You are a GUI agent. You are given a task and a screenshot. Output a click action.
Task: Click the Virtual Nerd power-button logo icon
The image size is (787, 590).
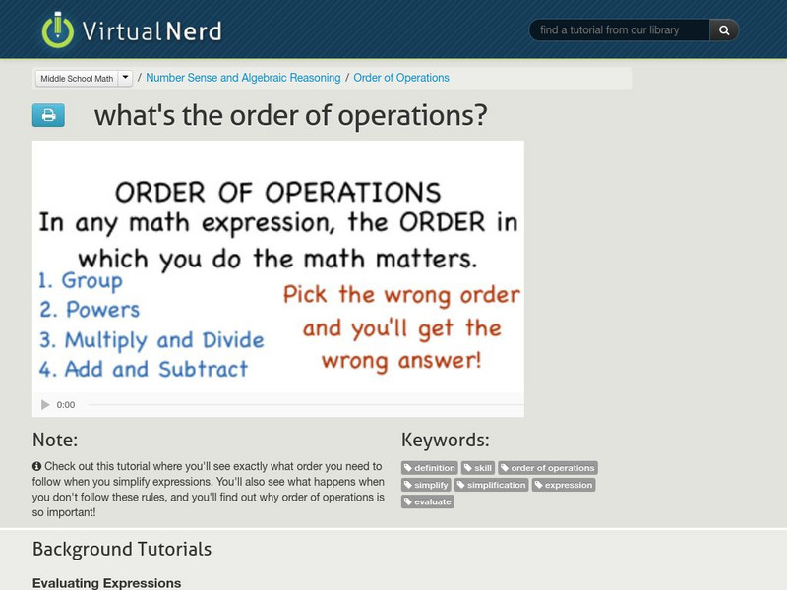[58, 29]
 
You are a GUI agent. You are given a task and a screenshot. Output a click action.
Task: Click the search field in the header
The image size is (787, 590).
[620, 30]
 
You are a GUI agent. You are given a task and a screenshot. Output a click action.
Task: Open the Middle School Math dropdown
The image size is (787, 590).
[84, 78]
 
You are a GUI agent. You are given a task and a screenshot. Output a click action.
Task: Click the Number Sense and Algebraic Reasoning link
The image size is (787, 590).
[243, 78]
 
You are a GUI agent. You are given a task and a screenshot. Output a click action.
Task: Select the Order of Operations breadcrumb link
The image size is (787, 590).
[401, 78]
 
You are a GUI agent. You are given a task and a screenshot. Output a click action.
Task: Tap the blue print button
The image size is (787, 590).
[48, 115]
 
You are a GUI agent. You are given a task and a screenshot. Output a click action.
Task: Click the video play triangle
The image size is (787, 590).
[44, 404]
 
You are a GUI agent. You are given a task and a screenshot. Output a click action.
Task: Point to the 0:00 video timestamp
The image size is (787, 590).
[66, 404]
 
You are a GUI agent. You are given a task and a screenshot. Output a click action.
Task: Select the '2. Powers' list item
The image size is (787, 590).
[90, 310]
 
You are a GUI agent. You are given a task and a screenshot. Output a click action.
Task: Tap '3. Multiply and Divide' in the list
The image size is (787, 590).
[151, 340]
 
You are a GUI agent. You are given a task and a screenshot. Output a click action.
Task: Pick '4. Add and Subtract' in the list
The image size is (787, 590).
[143, 370]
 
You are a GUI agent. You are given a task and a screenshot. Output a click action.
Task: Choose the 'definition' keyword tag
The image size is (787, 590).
[430, 468]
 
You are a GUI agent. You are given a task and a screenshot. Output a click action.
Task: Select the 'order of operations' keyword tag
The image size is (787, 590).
[547, 468]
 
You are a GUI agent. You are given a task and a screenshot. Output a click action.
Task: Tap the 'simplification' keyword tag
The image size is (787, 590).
[492, 485]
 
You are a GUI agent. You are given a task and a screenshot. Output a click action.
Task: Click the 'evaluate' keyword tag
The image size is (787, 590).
[428, 501]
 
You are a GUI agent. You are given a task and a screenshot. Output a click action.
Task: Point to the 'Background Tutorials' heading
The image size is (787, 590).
[122, 549]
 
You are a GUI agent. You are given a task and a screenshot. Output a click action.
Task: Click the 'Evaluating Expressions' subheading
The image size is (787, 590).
[107, 582]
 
